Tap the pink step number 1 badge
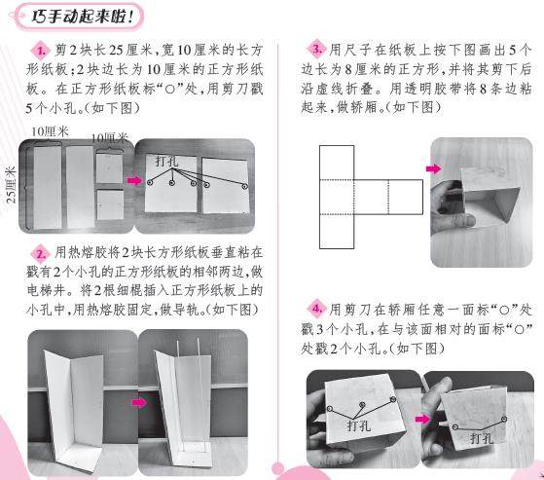[x=41, y=51]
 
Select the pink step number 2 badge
[x=41, y=254]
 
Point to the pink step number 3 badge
[x=315, y=49]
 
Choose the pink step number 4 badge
[x=316, y=309]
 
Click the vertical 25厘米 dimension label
[x=11, y=184]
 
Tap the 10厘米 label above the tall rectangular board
[x=50, y=131]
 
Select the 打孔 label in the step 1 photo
[x=166, y=161]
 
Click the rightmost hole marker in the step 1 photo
[x=245, y=186]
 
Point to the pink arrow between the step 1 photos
[x=134, y=180]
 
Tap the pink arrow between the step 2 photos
[x=139, y=402]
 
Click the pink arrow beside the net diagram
[x=434, y=168]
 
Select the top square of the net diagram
[x=337, y=163]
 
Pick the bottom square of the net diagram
[x=337, y=231]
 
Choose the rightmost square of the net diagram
[x=406, y=197]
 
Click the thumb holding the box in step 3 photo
[x=458, y=221]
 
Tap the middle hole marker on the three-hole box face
[x=363, y=404]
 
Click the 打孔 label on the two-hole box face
[x=482, y=438]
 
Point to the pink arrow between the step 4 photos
[x=422, y=420]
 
